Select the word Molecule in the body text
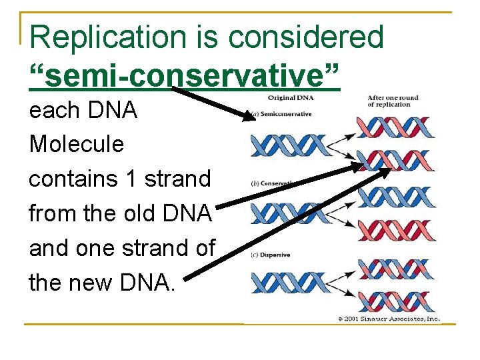(x=77, y=144)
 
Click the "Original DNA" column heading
(x=291, y=99)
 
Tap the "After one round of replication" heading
(x=393, y=101)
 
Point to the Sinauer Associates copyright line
(x=389, y=319)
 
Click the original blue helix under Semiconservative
(x=287, y=145)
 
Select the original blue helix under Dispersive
(x=287, y=283)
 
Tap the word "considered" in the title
(x=306, y=37)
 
